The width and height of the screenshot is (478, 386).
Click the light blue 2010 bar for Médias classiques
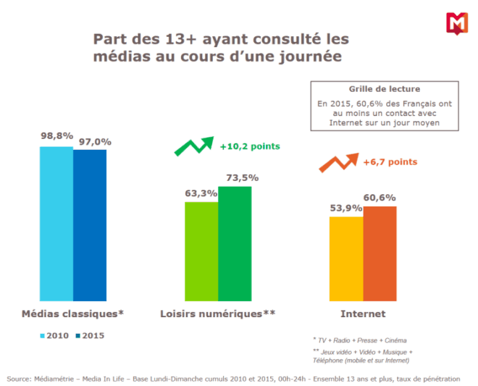[56, 223]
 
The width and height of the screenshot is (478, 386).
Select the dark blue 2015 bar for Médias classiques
[90, 225]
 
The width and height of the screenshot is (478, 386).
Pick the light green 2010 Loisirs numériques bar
[201, 251]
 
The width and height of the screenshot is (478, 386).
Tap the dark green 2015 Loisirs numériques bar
[235, 243]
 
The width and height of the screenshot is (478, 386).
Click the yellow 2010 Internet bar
[346, 258]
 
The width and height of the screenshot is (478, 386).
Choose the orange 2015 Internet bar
[380, 253]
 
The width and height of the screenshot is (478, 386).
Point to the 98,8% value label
[56, 136]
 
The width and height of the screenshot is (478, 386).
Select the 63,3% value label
[201, 193]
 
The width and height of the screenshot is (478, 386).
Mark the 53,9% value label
[346, 207]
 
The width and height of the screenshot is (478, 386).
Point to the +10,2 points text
[250, 146]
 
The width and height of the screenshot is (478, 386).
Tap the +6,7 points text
[390, 162]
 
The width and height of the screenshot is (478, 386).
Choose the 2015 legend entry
[90, 335]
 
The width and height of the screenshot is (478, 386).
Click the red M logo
[456, 24]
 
